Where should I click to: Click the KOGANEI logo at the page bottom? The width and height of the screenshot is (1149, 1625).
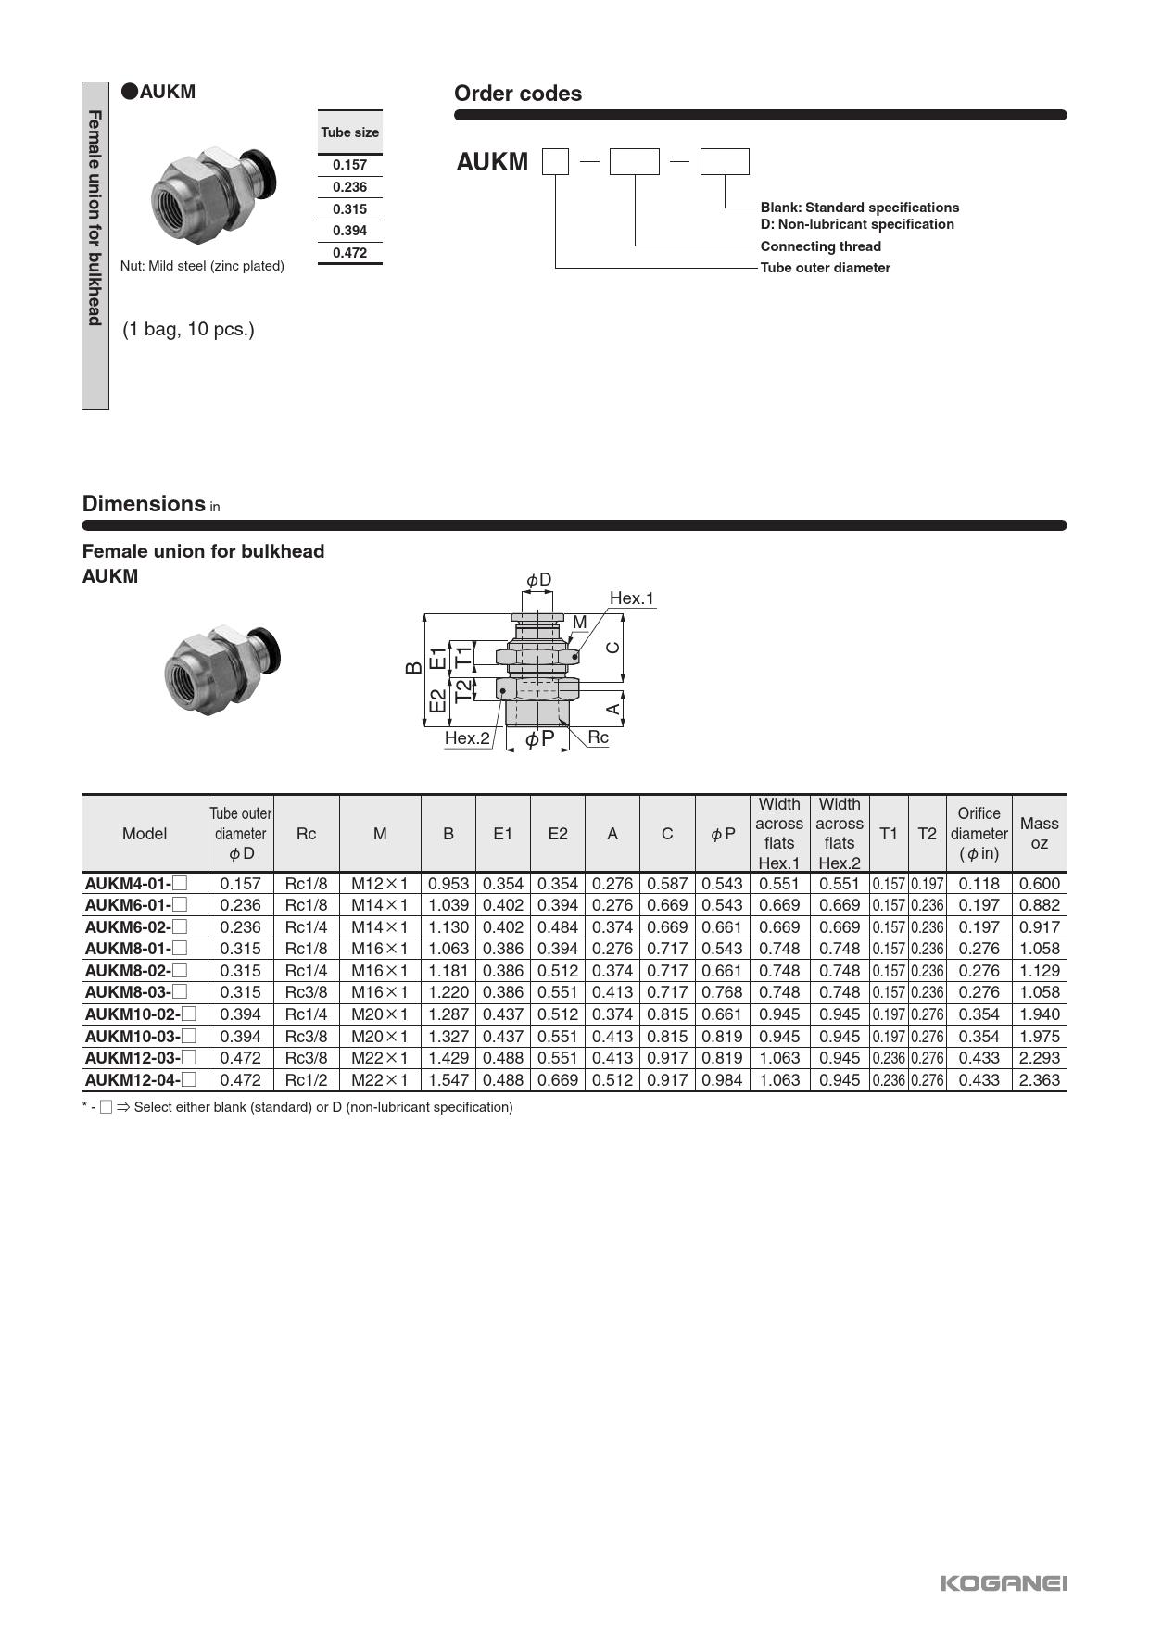pyautogui.click(x=1004, y=1583)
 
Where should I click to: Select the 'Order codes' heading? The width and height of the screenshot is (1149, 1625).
pyautogui.click(x=517, y=94)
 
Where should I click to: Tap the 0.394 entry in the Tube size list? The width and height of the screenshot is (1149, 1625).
pyautogui.click(x=349, y=231)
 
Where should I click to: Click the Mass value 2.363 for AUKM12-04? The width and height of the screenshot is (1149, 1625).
pyautogui.click(x=1039, y=1080)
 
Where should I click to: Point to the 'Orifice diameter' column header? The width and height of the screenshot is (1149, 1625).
pyautogui.click(x=979, y=833)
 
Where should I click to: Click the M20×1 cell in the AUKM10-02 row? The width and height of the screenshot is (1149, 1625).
pyautogui.click(x=379, y=1014)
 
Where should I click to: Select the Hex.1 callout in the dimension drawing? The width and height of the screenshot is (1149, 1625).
pyautogui.click(x=631, y=598)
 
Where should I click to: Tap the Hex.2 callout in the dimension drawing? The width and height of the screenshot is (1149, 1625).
pyautogui.click(x=467, y=738)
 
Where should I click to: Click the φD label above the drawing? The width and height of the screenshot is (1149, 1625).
pyautogui.click(x=538, y=580)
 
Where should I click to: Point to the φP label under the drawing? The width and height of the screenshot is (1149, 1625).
pyautogui.click(x=539, y=739)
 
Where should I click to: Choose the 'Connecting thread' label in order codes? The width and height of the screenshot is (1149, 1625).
pyautogui.click(x=820, y=246)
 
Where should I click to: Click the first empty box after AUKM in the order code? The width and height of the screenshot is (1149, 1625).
pyautogui.click(x=555, y=162)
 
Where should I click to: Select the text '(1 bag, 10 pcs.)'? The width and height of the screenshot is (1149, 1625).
pyautogui.click(x=188, y=329)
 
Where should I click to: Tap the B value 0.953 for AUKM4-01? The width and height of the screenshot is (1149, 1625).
pyautogui.click(x=448, y=884)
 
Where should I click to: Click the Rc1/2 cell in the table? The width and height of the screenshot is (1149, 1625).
pyautogui.click(x=306, y=1080)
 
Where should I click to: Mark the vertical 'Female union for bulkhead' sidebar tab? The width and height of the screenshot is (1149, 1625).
pyautogui.click(x=95, y=246)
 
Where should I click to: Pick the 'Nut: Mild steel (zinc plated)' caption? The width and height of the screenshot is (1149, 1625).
pyautogui.click(x=202, y=266)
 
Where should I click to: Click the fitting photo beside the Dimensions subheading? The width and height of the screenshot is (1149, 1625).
pyautogui.click(x=221, y=661)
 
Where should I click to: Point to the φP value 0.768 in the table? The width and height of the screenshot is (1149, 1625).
pyautogui.click(x=722, y=992)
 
